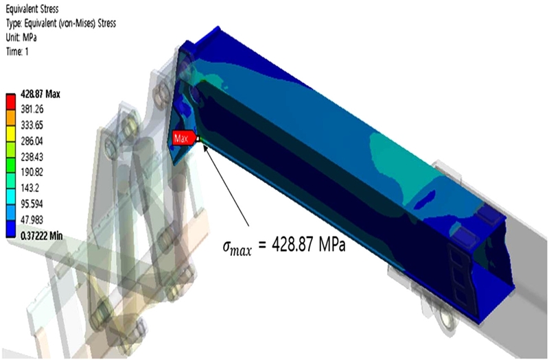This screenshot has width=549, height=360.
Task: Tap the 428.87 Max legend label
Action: [40, 94]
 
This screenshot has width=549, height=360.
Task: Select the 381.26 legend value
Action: [32, 109]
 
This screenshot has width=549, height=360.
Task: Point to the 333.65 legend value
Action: [32, 125]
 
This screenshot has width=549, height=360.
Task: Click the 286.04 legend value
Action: [32, 141]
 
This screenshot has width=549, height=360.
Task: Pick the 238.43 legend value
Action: [32, 157]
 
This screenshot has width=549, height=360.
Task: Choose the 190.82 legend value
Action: [32, 172]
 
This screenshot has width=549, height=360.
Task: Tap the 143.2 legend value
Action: [30, 188]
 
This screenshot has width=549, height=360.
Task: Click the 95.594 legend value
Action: [32, 204]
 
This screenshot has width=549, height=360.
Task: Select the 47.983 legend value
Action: [32, 219]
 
